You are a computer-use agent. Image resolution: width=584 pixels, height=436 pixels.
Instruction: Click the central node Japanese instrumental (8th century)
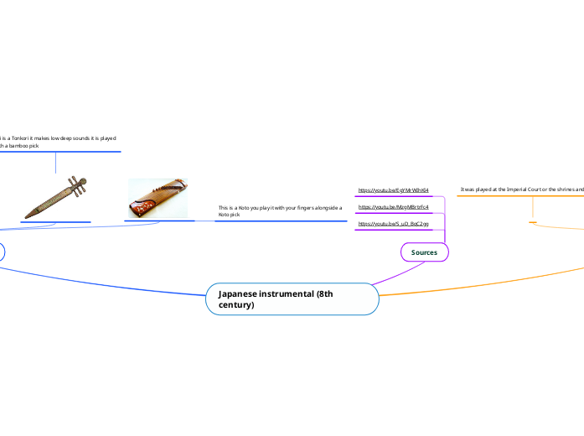(x=292, y=298)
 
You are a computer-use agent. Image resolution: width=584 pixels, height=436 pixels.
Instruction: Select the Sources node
(x=424, y=252)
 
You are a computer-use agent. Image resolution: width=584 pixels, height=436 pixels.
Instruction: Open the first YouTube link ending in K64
(x=393, y=190)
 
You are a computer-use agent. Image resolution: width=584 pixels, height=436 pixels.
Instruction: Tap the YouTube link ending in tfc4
(x=393, y=206)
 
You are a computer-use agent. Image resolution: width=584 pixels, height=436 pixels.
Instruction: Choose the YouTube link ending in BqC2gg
(x=393, y=224)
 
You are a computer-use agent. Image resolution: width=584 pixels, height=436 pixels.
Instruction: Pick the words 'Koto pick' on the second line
(x=229, y=215)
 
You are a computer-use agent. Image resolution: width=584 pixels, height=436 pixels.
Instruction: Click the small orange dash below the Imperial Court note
(x=533, y=222)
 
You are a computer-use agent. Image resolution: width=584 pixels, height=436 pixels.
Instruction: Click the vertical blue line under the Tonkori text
(x=55, y=162)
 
